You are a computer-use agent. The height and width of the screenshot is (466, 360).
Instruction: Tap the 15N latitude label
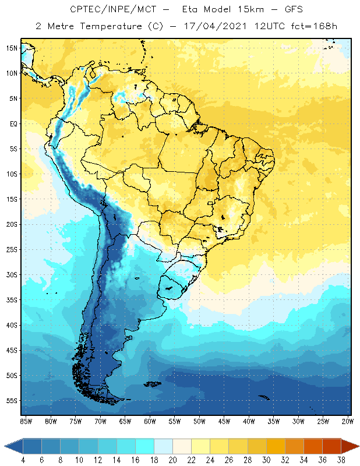coord(12,48)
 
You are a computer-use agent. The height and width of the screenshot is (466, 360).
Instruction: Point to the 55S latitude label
coord(12,401)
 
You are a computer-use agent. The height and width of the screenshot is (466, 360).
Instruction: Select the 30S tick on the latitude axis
coord(12,274)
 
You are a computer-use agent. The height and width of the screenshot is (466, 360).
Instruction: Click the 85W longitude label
coord(26,421)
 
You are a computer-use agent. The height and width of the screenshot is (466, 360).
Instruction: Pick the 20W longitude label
coord(348,421)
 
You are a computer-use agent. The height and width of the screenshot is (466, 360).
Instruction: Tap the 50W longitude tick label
coord(199,421)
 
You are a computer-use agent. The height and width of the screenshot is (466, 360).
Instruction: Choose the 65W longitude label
coord(125,421)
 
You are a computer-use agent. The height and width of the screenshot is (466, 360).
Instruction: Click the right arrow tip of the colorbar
coord(358,446)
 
